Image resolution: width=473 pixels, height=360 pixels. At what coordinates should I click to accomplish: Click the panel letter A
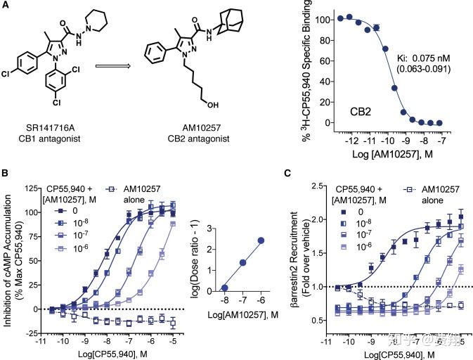(6, 6)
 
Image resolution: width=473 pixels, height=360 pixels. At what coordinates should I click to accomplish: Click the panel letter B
(6, 174)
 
